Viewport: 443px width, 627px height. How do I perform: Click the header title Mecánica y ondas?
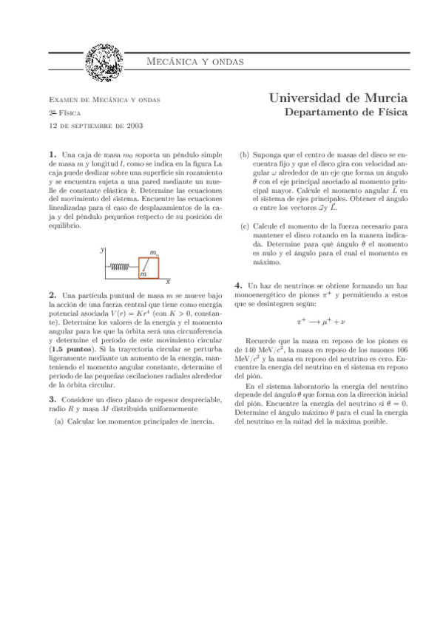click(197, 61)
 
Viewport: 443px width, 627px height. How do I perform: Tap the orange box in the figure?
click(149, 266)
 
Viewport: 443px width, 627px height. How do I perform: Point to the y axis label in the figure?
click(102, 250)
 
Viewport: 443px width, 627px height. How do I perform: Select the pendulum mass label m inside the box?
click(143, 274)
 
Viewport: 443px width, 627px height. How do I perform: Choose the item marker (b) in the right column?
click(245, 155)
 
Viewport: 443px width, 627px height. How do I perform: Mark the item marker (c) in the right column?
click(245, 226)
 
